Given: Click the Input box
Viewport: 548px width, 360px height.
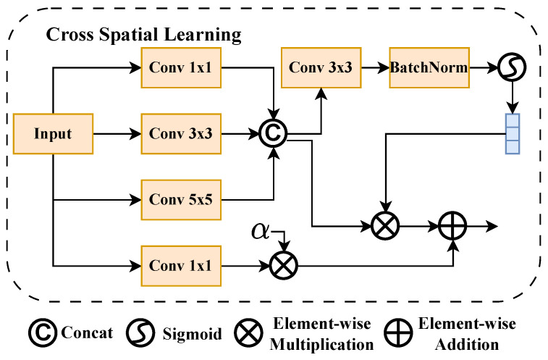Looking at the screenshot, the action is (x=53, y=134).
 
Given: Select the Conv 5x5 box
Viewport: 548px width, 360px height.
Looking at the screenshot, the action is (x=181, y=200).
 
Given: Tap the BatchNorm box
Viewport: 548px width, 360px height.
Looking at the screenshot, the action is (x=429, y=67).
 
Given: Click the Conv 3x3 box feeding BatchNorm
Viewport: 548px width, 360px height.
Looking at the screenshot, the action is (x=321, y=67).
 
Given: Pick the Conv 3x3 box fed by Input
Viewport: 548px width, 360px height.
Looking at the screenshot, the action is (x=181, y=134).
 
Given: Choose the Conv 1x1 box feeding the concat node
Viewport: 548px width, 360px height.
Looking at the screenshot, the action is (x=181, y=67).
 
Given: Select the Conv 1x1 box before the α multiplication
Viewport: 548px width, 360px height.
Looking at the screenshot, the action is (x=181, y=266).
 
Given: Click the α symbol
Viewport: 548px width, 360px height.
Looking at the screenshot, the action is (x=261, y=231).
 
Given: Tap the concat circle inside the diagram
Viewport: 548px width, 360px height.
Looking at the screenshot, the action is (x=274, y=133).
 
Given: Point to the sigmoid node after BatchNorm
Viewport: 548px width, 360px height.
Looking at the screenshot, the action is (x=512, y=67).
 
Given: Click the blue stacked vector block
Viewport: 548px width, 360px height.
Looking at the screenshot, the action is (x=513, y=134).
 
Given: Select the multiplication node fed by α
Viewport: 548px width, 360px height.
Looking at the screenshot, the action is (x=284, y=265).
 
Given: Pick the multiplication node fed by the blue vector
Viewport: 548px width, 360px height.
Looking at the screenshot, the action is (x=385, y=226).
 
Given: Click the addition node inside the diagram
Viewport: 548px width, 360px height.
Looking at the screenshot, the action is (x=452, y=226).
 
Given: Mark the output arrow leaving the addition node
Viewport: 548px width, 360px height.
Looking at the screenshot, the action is (x=482, y=226).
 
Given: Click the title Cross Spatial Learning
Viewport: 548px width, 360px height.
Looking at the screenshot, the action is (x=143, y=35).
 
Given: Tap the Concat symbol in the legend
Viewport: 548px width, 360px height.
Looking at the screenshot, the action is (x=43, y=332).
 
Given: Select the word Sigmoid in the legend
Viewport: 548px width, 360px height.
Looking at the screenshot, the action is (x=193, y=333).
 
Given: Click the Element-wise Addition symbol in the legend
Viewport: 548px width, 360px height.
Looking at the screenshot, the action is (x=398, y=332).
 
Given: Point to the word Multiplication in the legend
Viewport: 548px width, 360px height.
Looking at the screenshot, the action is (x=321, y=345).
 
